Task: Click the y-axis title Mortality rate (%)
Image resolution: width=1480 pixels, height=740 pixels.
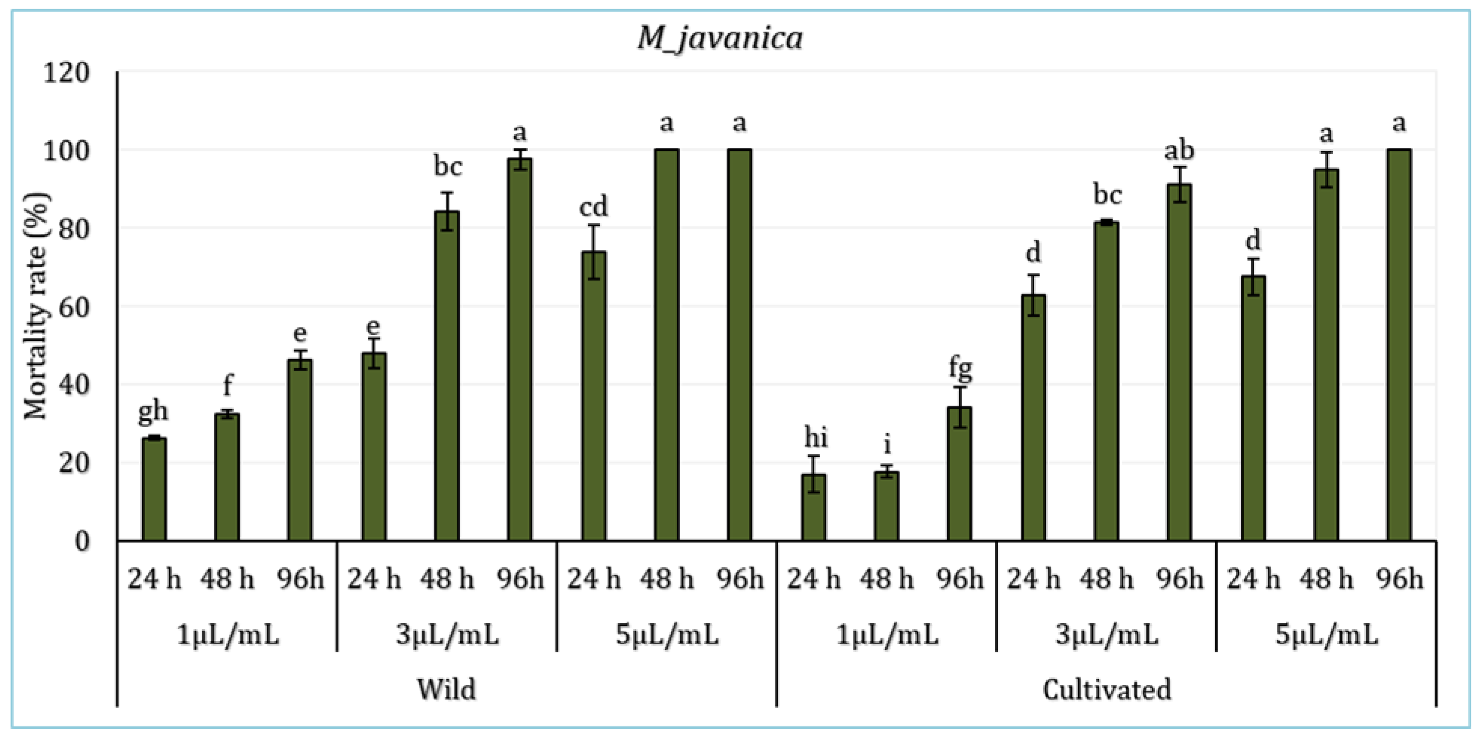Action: click(x=36, y=305)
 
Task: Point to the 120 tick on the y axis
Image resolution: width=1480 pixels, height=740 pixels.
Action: click(x=66, y=73)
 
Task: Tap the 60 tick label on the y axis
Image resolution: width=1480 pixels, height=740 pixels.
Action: click(x=73, y=307)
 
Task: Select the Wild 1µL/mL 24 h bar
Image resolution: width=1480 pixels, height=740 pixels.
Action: click(x=154, y=489)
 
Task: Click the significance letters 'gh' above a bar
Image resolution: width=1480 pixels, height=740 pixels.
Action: click(x=153, y=411)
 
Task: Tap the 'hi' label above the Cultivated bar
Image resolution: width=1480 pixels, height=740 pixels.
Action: click(x=815, y=438)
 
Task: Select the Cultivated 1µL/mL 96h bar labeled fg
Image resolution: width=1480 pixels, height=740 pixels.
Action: click(x=959, y=474)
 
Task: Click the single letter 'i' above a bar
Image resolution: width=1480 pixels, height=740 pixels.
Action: click(x=887, y=444)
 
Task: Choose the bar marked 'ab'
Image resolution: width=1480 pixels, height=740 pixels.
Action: click(x=1179, y=362)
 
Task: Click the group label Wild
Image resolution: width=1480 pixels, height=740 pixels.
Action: click(x=446, y=689)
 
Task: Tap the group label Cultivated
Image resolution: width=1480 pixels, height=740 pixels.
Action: click(x=1107, y=689)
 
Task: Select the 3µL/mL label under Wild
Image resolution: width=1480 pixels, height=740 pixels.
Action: click(x=447, y=635)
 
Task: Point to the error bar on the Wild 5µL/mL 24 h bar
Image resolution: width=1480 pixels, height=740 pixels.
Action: click(x=593, y=252)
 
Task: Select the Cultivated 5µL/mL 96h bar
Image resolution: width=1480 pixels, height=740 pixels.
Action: click(x=1399, y=345)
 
